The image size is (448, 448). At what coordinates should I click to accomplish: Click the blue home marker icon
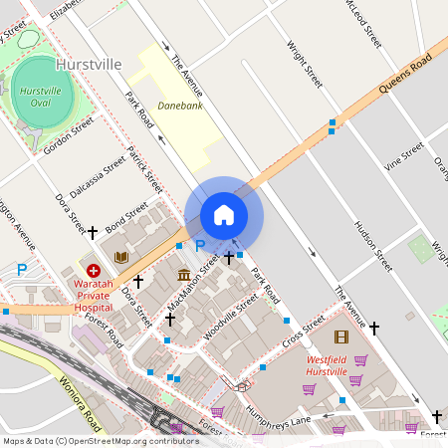click(x=224, y=215)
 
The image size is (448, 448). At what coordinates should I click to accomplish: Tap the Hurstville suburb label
click(x=89, y=64)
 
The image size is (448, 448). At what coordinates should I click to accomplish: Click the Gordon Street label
click(x=69, y=136)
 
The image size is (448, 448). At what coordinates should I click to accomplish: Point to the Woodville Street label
click(x=230, y=316)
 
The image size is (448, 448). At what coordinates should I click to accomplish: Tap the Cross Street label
click(x=304, y=333)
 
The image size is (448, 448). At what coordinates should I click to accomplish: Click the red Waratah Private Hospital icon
click(x=94, y=270)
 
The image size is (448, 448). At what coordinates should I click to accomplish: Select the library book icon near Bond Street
click(x=121, y=257)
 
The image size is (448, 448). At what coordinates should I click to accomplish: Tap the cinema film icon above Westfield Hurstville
click(x=341, y=337)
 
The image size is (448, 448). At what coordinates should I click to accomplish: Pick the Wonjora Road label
click(x=81, y=396)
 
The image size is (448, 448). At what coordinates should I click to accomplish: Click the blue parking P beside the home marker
click(x=199, y=246)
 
